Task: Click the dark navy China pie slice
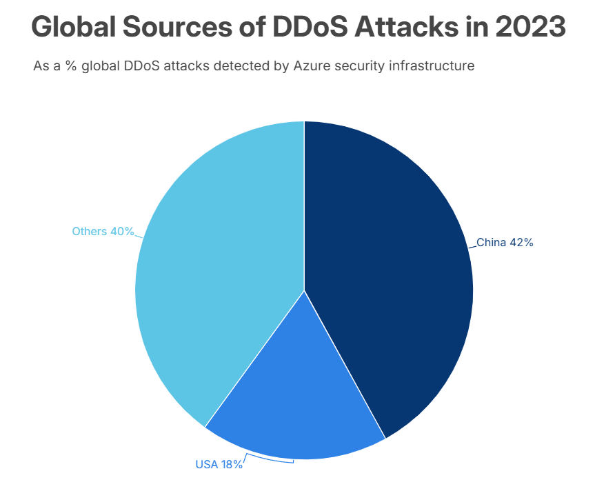pyautogui.click(x=386, y=276)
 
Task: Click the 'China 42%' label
pyautogui.click(x=505, y=243)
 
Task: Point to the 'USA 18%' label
pyautogui.click(x=219, y=465)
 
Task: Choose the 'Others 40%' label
pyautogui.click(x=103, y=232)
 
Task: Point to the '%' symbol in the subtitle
pyautogui.click(x=69, y=67)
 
